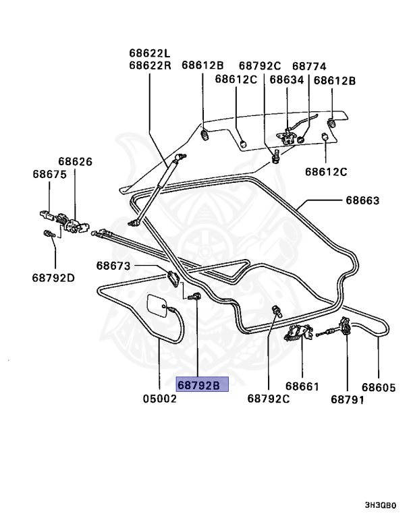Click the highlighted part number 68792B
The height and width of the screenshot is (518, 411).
point(202,386)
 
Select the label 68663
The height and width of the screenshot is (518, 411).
point(362,200)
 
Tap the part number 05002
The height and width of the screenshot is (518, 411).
point(159,399)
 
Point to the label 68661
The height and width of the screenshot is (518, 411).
point(302,386)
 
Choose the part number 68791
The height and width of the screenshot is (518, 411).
point(348,399)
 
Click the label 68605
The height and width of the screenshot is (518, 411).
point(379,386)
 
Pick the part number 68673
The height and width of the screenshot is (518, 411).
point(113,266)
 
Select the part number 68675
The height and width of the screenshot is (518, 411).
point(49,174)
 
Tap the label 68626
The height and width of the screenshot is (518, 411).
point(75,162)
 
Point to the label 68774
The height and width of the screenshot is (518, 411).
point(309,66)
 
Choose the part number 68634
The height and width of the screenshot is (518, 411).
point(287,79)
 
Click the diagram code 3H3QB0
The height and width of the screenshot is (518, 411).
point(381,505)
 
